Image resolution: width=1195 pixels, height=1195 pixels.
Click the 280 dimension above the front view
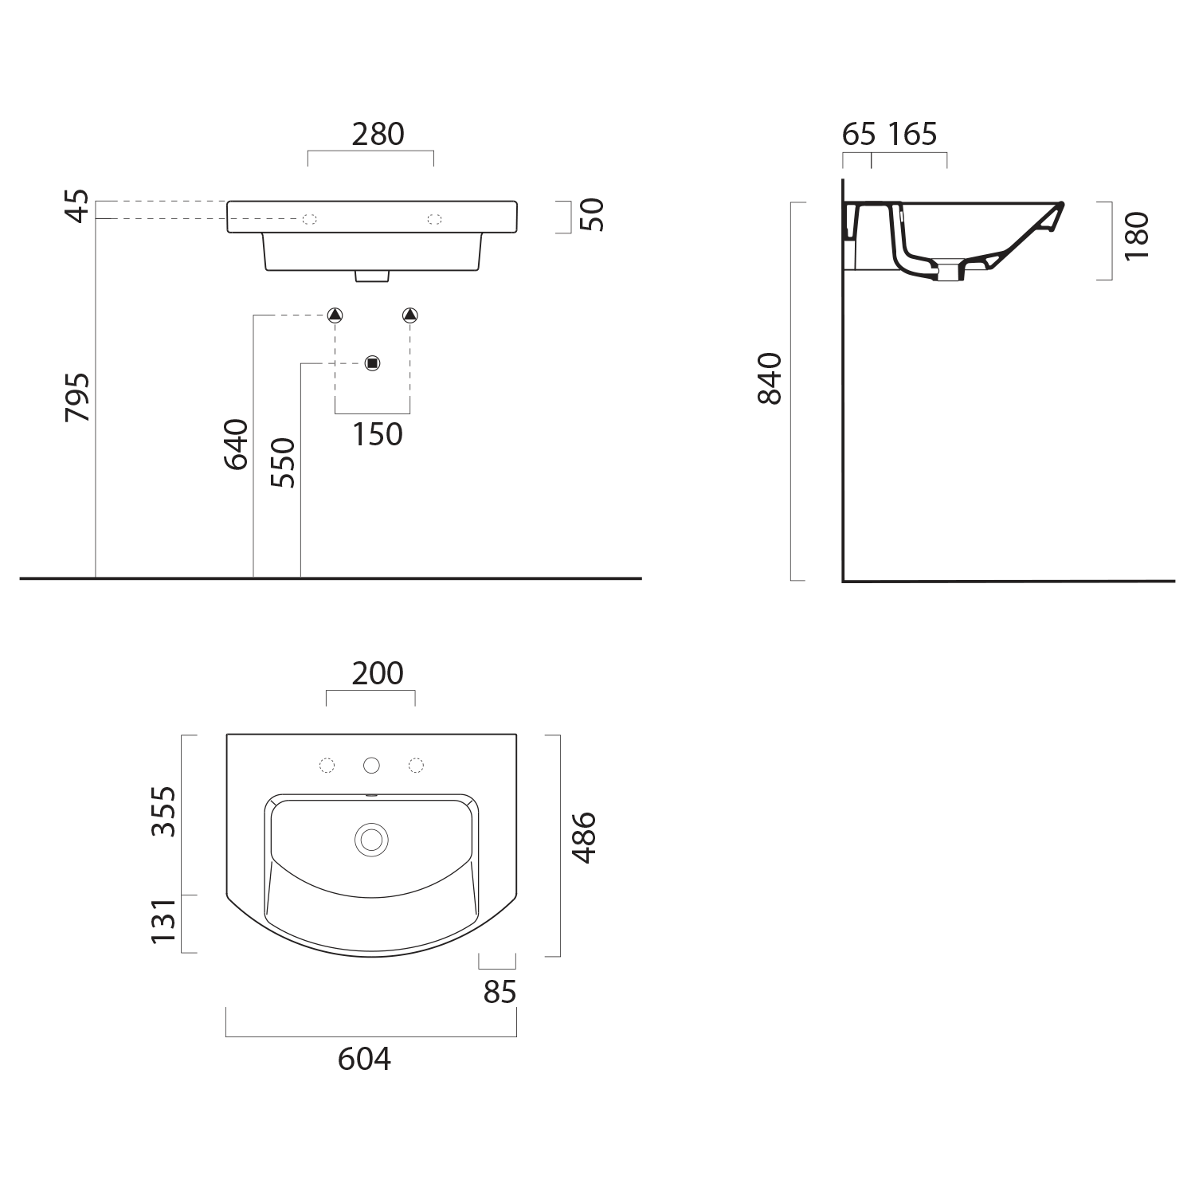tap(378, 134)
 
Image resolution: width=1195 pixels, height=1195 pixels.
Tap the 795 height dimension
tap(79, 397)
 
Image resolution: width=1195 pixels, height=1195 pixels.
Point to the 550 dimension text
tap(283, 462)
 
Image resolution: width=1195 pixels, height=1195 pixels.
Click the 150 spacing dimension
tap(378, 434)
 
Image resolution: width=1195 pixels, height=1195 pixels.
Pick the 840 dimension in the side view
tap(770, 378)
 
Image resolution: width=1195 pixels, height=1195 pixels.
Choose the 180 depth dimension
tap(1137, 235)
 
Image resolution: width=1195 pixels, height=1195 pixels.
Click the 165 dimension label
tap(913, 134)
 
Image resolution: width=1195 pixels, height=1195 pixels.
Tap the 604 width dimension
tap(365, 1060)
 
